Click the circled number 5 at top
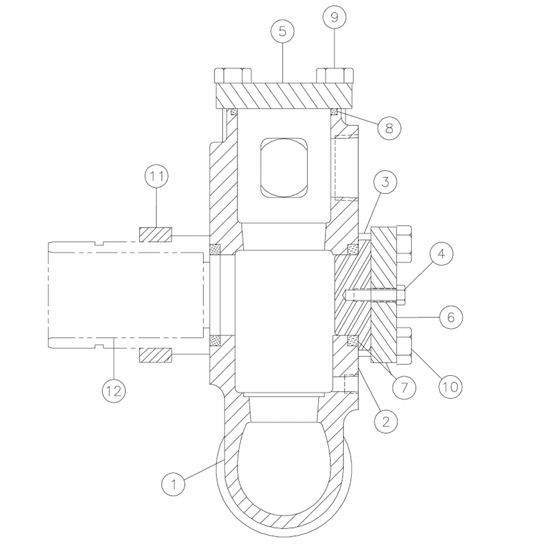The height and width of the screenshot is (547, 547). (x=282, y=31)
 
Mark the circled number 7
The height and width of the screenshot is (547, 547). (x=404, y=387)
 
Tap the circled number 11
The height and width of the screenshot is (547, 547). (x=157, y=177)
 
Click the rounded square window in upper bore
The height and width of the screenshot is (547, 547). (x=283, y=167)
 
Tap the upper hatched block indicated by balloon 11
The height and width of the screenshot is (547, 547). (x=156, y=235)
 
